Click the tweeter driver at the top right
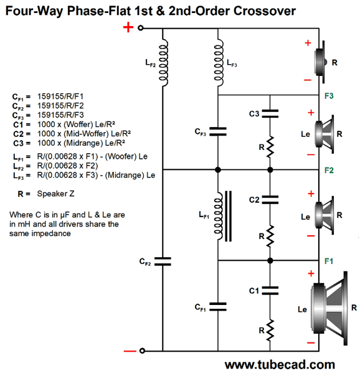pyautogui.click(x=320, y=62)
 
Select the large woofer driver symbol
pyautogui.click(x=329, y=308)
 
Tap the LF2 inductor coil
pyautogui.click(x=163, y=62)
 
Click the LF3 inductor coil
pyautogui.click(x=218, y=62)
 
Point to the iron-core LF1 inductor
pyautogui.click(x=222, y=216)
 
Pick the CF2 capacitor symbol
pyautogui.click(x=163, y=261)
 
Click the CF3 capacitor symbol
pyautogui.click(x=218, y=131)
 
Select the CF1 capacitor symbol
pyautogui.click(x=218, y=307)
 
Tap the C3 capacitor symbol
pyautogui.click(x=270, y=113)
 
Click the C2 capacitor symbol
pyautogui.click(x=270, y=200)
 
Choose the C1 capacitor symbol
pyautogui.click(x=270, y=291)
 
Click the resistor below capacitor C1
pyautogui.click(x=270, y=331)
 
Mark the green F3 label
pyautogui.click(x=329, y=96)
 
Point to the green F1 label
pyautogui.click(x=329, y=261)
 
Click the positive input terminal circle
pyautogui.click(x=141, y=28)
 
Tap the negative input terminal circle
pyautogui.click(x=142, y=350)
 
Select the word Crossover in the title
pyautogui.click(x=265, y=11)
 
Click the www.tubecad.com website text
pyautogui.click(x=280, y=365)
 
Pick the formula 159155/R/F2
pyautogui.click(x=60, y=106)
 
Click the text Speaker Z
pyautogui.click(x=55, y=194)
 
